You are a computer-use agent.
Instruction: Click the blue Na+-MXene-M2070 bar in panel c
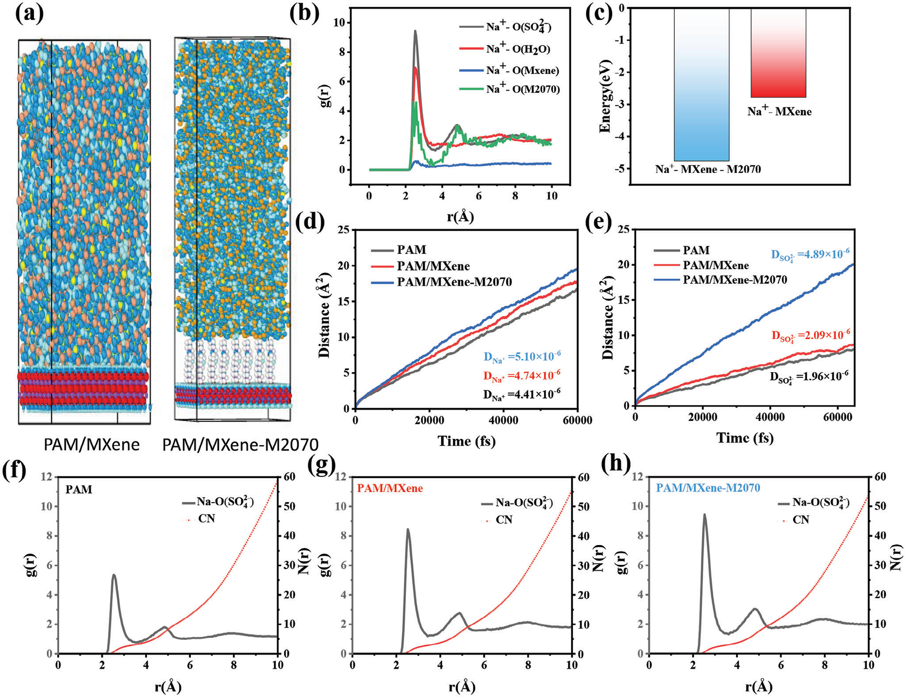tap(701, 88)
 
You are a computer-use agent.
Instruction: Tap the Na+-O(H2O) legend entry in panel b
tap(518, 49)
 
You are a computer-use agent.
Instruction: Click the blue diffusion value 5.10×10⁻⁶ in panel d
tap(522, 357)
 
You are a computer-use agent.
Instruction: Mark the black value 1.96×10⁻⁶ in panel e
tap(809, 377)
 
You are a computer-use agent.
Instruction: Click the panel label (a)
tap(29, 14)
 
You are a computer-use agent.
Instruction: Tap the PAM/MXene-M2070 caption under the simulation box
tap(240, 444)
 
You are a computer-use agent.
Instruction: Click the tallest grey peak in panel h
tap(704, 515)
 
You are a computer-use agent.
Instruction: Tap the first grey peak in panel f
tap(114, 576)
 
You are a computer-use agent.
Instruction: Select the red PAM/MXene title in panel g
tap(390, 488)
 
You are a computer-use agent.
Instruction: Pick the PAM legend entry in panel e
tap(696, 251)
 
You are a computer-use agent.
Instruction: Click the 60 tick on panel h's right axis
tap(880, 477)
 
